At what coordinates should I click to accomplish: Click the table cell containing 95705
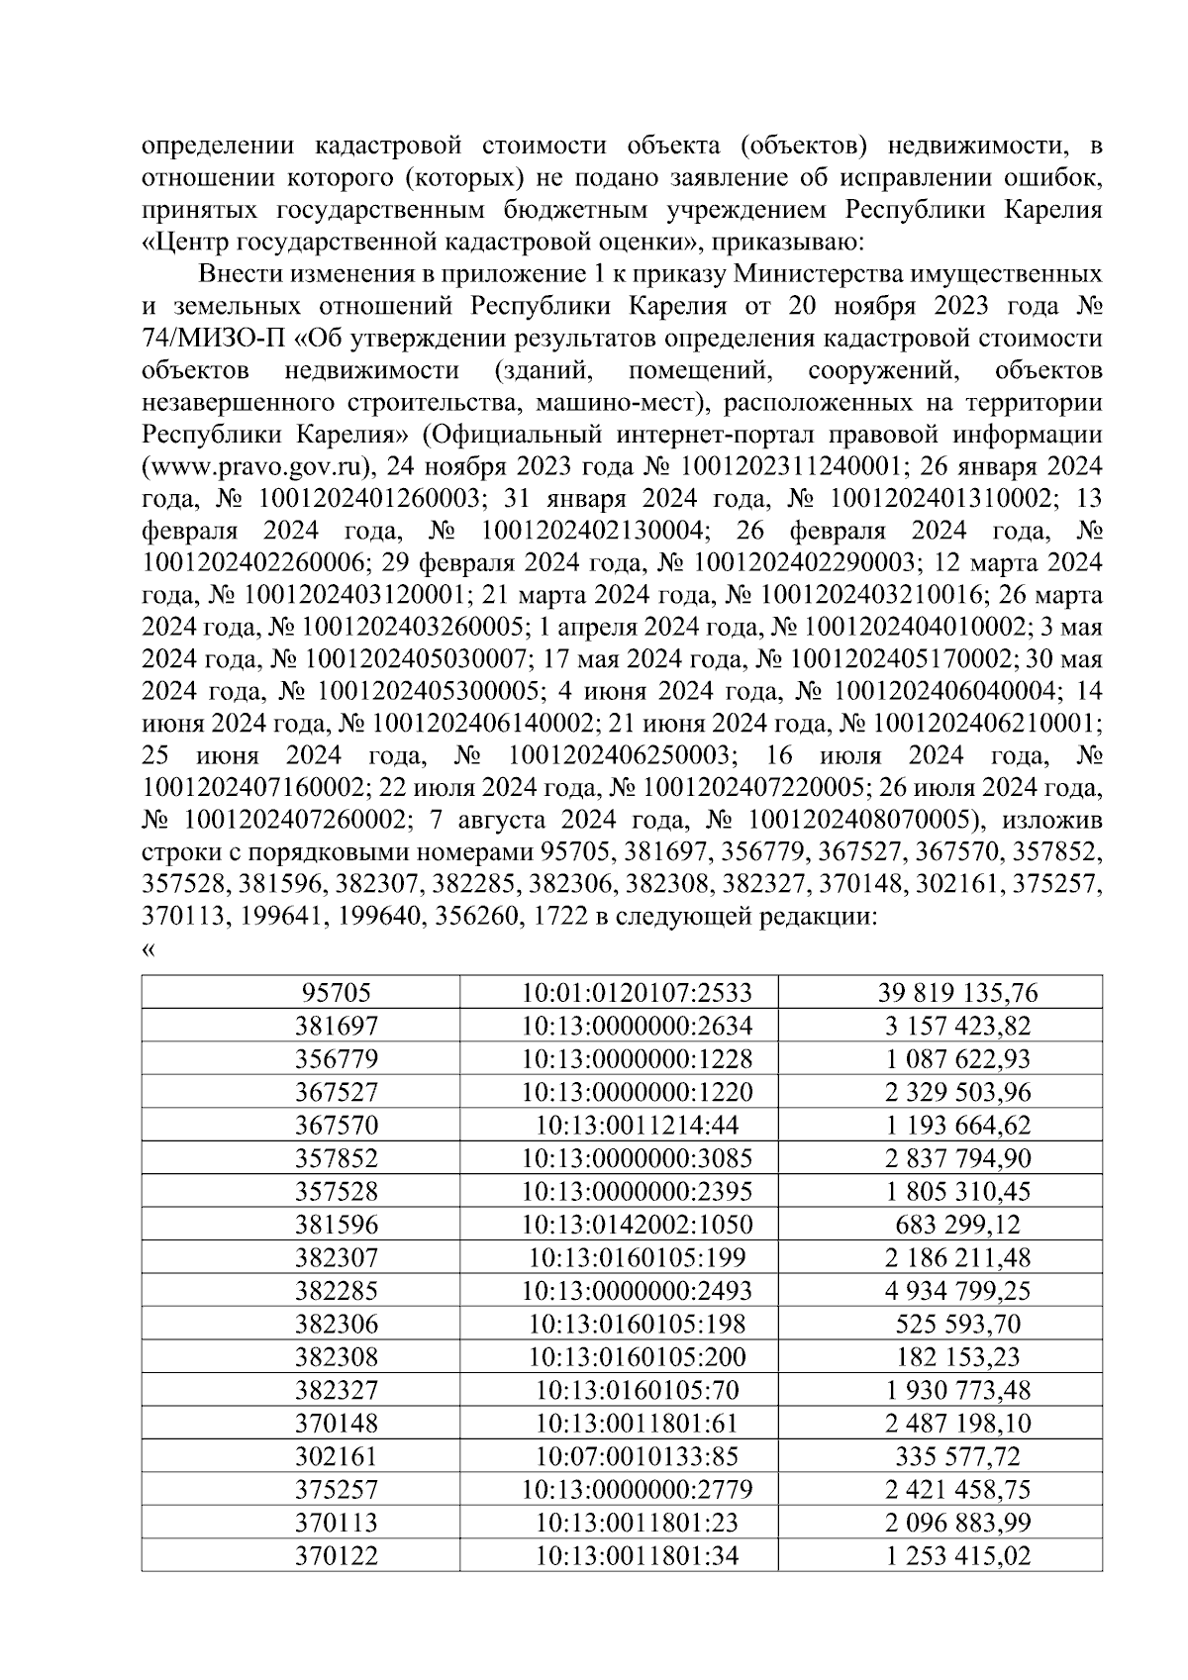click(x=337, y=993)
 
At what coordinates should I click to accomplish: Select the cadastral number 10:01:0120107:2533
click(x=637, y=993)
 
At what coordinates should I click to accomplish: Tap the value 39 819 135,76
click(x=957, y=993)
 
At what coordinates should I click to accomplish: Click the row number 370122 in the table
click(x=337, y=1556)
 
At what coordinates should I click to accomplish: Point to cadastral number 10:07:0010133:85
click(x=637, y=1456)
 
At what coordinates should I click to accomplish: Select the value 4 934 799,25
click(x=957, y=1291)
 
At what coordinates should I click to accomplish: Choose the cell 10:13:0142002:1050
click(x=637, y=1225)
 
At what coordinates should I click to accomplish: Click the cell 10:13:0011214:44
click(x=637, y=1126)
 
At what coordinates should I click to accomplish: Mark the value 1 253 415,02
click(x=957, y=1556)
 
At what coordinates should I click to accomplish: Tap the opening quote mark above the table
click(x=148, y=950)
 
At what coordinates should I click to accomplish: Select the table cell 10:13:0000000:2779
click(x=637, y=1490)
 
